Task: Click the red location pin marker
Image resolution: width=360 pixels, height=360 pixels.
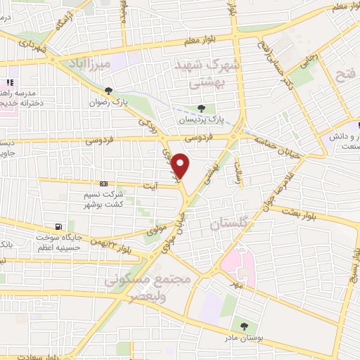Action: pyautogui.click(x=181, y=165)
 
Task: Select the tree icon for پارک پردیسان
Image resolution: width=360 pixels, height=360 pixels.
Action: pyautogui.click(x=202, y=108)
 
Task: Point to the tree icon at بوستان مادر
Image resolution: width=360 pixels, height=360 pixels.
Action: pyautogui.click(x=243, y=326)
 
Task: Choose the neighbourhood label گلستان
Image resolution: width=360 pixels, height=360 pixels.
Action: pyautogui.click(x=229, y=225)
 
